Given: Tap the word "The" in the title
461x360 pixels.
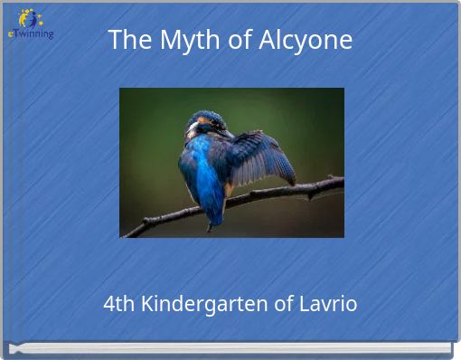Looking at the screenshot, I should coord(127,40).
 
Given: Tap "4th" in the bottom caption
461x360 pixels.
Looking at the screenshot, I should coord(118,304).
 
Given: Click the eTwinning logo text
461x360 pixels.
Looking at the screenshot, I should coord(31,33).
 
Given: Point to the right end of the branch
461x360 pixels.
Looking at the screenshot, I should coord(340,181).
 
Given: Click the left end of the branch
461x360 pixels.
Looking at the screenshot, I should coord(127,233).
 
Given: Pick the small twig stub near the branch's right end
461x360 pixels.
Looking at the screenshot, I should coord(331,177).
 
